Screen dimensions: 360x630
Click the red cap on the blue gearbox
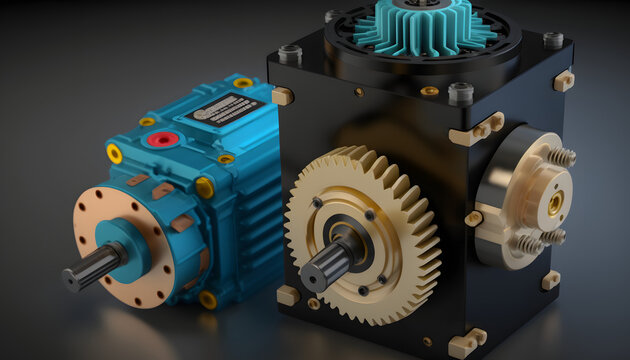[x=162, y=139]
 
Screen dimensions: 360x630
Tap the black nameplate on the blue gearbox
[x=222, y=108]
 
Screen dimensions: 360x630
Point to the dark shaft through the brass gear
[x=329, y=262]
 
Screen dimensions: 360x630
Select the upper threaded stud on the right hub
[x=559, y=156]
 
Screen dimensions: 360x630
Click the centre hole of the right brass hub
[x=555, y=202]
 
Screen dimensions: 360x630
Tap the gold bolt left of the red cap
[x=147, y=122]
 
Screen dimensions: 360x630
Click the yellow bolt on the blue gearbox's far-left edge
[x=114, y=153]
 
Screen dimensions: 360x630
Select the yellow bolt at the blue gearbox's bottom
[x=208, y=298]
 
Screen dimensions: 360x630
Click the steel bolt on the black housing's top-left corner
[x=290, y=53]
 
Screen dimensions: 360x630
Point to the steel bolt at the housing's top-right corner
[x=553, y=40]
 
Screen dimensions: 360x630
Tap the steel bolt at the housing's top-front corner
[x=461, y=94]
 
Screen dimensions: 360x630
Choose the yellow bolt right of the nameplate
[x=243, y=83]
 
